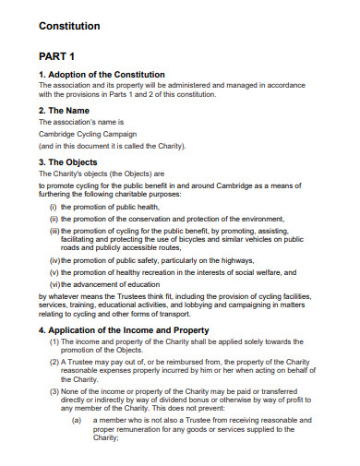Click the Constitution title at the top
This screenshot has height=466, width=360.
coord(69,26)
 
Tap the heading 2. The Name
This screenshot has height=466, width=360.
coord(69,109)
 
